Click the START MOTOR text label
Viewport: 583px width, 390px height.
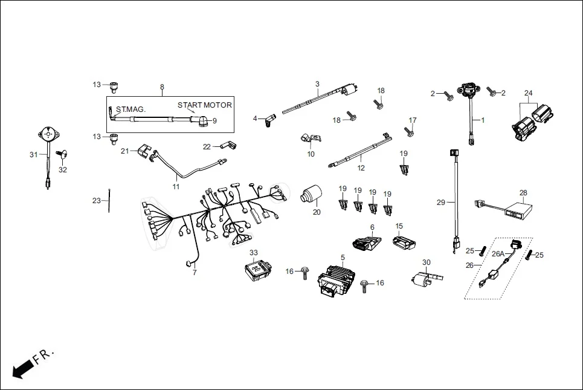[204, 105]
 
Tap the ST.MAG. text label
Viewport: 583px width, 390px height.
[130, 109]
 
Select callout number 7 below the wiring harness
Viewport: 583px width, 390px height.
[195, 273]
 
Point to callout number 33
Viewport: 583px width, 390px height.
[254, 252]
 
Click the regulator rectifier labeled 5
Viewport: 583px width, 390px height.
[335, 281]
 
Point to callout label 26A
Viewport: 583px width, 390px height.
[498, 254]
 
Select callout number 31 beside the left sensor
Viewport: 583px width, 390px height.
[34, 155]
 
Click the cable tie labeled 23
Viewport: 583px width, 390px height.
[109, 200]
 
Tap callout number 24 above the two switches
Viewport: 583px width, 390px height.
[529, 93]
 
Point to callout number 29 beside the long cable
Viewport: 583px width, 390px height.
[440, 202]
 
